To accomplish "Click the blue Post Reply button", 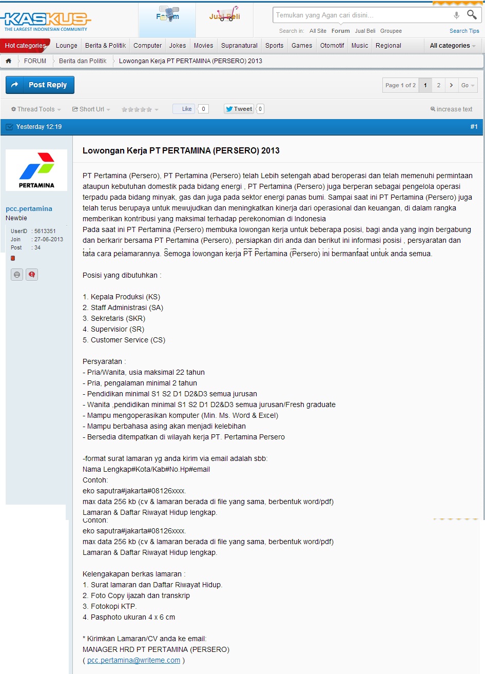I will tap(40, 85).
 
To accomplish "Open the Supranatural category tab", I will tap(239, 46).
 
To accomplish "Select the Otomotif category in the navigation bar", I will tap(332, 46).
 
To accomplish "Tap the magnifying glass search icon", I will tap(472, 15).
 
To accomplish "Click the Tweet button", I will tap(239, 109).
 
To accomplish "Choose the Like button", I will tap(184, 109).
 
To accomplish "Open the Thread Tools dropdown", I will tap(36, 109).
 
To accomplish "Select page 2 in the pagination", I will tap(438, 85).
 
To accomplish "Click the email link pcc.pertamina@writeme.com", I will tap(133, 660).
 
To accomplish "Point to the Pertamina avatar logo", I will tap(36, 170).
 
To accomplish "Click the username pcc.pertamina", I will tap(29, 208).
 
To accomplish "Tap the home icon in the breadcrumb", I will tap(9, 61).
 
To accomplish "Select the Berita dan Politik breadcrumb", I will tap(83, 61).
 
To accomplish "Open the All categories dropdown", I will tap(452, 46).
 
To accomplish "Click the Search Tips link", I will tap(464, 31).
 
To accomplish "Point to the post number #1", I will tap(474, 127).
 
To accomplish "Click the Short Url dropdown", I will tap(91, 109).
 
